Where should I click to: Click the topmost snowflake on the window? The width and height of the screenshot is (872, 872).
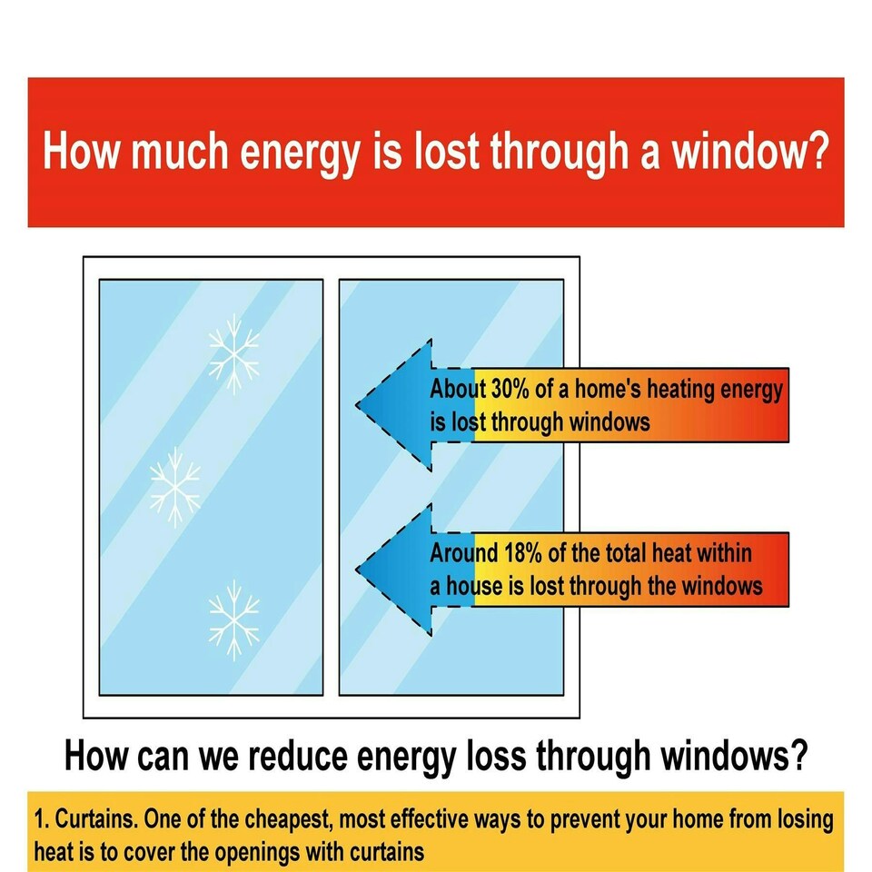(x=233, y=353)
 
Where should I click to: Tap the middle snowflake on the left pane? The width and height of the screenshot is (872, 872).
(x=174, y=483)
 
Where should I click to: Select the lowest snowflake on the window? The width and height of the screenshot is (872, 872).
(x=233, y=620)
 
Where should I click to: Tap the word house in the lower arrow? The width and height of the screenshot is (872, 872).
(x=471, y=586)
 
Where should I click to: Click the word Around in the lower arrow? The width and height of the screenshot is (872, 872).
(x=463, y=552)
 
